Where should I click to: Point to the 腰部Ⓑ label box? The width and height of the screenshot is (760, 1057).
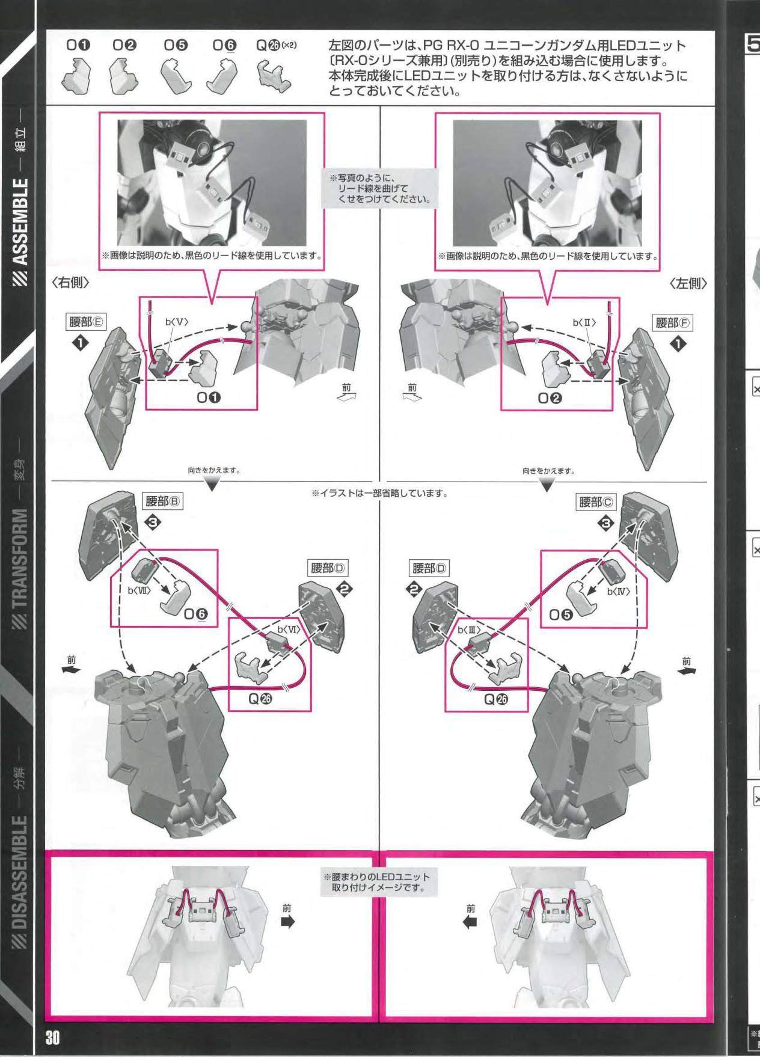click(x=163, y=501)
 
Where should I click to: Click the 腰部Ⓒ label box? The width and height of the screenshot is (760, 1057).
click(x=598, y=501)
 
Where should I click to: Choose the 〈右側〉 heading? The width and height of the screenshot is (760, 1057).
click(x=72, y=283)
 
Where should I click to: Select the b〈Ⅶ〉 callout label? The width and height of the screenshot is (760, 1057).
click(x=139, y=590)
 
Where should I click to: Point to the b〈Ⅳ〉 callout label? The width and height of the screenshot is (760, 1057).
click(x=617, y=592)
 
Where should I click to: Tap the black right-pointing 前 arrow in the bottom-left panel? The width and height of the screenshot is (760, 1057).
click(x=289, y=922)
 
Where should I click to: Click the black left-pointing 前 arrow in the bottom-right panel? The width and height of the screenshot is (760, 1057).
click(x=471, y=922)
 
